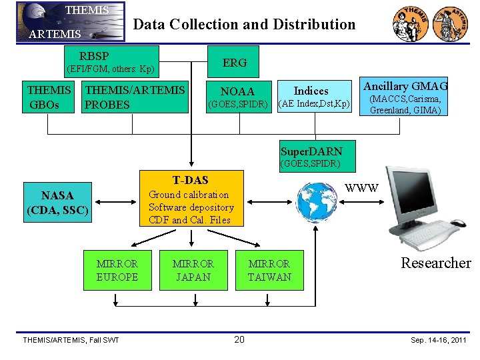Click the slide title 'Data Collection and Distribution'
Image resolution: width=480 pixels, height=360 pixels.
click(245, 25)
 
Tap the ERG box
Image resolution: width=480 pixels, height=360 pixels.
click(235, 63)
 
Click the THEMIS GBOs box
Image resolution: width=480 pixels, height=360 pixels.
click(50, 97)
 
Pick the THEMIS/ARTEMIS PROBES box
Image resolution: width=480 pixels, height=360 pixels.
click(135, 97)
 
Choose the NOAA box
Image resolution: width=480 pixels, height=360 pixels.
click(238, 97)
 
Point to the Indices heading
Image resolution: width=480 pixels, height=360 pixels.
click(311, 91)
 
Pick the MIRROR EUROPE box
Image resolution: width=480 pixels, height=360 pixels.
click(117, 270)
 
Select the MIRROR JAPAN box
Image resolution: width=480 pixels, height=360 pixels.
click(193, 270)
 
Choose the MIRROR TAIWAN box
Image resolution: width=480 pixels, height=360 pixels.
click(269, 270)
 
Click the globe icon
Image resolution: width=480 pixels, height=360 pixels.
click(315, 201)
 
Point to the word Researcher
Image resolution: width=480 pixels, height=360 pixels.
click(435, 263)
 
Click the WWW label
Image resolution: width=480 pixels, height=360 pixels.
click(363, 188)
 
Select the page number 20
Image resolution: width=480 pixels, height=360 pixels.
click(239, 340)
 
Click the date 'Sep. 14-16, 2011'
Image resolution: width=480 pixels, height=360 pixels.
click(437, 340)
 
